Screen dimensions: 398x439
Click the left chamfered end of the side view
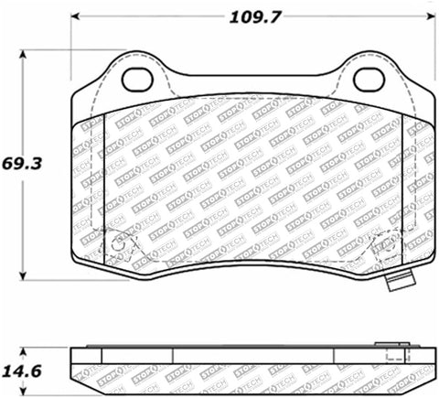pyautogui.click(x=75, y=366)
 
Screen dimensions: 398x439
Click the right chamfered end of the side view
pyautogui.click(x=430, y=366)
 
